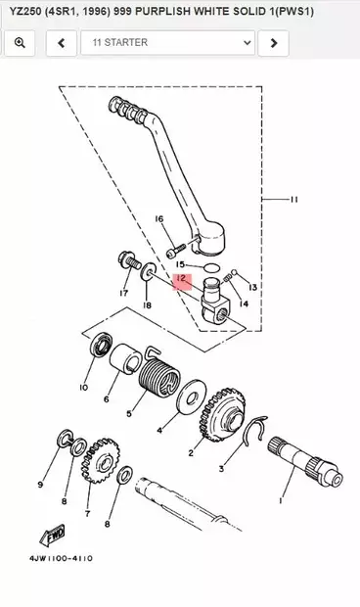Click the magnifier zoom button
[20, 43]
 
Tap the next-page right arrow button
[275, 43]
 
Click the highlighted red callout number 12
[181, 280]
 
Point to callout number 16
[158, 218]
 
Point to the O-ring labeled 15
[206, 264]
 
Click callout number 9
[40, 484]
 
